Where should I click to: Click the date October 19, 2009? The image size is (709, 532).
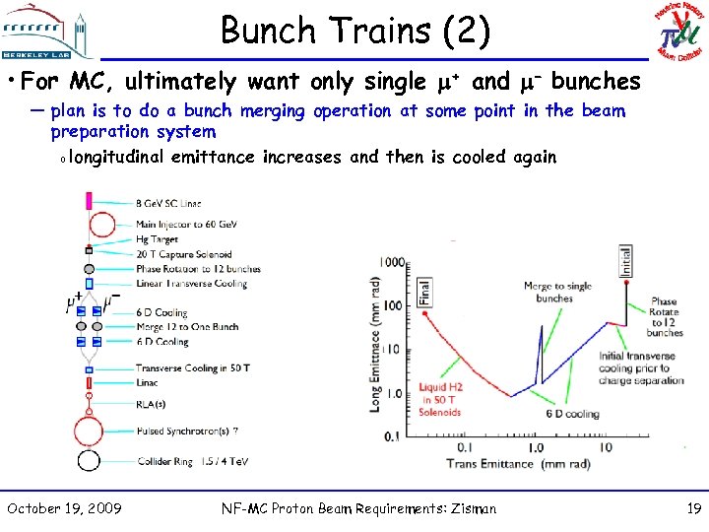click(x=64, y=508)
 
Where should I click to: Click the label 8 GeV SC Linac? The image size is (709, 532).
click(x=168, y=203)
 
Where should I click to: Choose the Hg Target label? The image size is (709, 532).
click(x=158, y=239)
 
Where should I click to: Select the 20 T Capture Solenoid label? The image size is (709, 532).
click(x=184, y=254)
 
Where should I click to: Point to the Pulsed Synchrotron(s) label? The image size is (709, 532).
click(x=186, y=431)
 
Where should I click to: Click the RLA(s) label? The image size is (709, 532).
click(x=151, y=403)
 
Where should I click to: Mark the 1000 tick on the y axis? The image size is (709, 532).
click(x=392, y=263)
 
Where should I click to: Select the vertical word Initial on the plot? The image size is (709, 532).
click(x=625, y=261)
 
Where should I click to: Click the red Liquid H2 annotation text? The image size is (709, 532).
click(x=440, y=399)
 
